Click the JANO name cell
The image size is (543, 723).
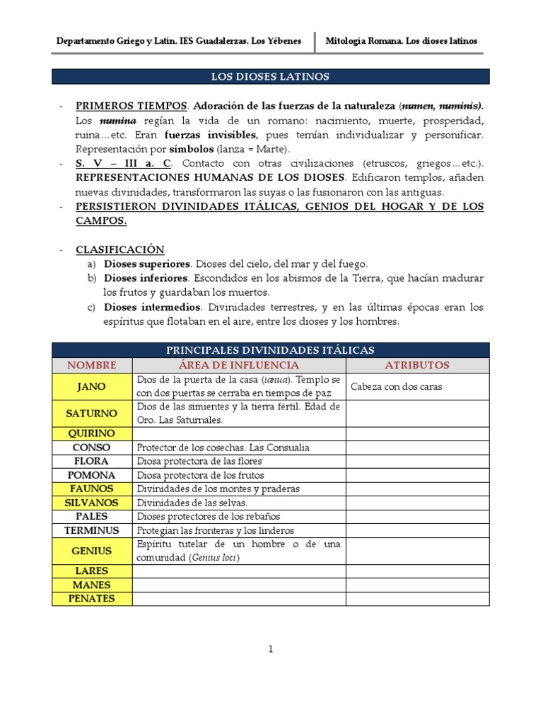pyautogui.click(x=92, y=386)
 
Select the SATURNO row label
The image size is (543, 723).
pyautogui.click(x=92, y=413)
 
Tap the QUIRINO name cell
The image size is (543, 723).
pyautogui.click(x=92, y=434)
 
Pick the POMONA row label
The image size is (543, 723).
pyautogui.click(x=92, y=475)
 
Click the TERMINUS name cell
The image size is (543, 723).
pyautogui.click(x=92, y=530)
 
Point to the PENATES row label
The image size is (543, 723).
pyautogui.click(x=92, y=599)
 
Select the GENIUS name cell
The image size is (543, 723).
pyautogui.click(x=92, y=551)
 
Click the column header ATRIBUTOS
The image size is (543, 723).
pyautogui.click(x=417, y=365)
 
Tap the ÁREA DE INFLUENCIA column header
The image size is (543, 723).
pyautogui.click(x=239, y=365)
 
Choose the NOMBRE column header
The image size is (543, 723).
pyautogui.click(x=92, y=365)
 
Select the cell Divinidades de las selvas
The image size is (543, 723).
pyautogui.click(x=192, y=503)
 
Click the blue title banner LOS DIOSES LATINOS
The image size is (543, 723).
pyautogui.click(x=271, y=76)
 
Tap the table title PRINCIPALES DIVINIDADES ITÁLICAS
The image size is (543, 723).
pyautogui.click(x=271, y=350)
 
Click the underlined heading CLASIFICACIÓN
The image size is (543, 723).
pyautogui.click(x=120, y=249)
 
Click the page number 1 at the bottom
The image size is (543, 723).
pyautogui.click(x=270, y=650)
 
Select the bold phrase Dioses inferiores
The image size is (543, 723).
pyautogui.click(x=146, y=278)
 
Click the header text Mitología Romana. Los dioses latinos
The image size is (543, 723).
pyautogui.click(x=402, y=41)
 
